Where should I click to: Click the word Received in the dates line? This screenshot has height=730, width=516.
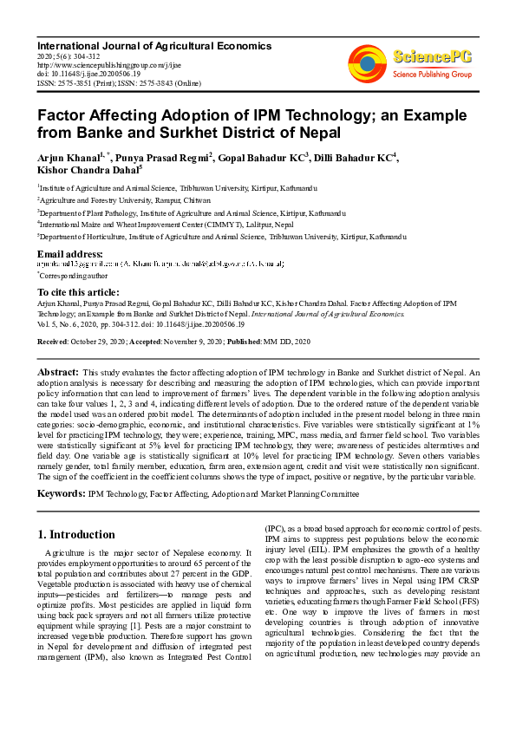(52, 342)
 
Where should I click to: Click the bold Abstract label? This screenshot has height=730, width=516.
(58, 372)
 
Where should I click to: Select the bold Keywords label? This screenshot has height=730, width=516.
(61, 493)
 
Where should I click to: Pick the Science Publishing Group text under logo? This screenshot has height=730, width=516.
(430, 75)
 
